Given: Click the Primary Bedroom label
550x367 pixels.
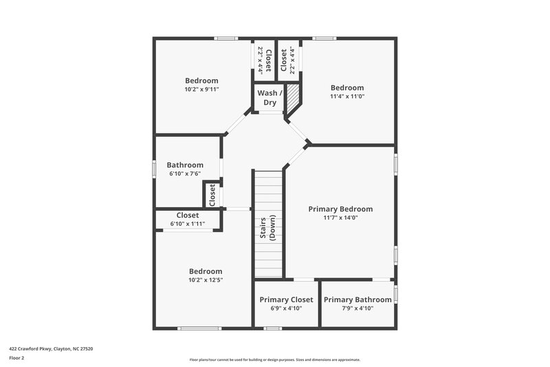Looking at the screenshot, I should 340,209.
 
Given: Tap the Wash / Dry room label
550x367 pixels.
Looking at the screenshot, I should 267,98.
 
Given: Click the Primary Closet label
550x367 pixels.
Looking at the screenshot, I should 286,300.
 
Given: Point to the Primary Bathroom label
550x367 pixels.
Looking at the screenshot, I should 357,300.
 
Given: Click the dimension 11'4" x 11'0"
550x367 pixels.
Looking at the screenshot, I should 347,97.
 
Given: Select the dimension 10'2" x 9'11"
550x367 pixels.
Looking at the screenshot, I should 201,90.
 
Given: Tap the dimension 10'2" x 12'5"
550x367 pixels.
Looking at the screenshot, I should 206,280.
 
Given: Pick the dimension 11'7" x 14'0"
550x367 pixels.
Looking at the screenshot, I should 340,218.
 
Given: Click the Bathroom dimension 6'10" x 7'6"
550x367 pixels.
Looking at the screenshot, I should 185,174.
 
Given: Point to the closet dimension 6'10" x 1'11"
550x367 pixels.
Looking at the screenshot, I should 188,224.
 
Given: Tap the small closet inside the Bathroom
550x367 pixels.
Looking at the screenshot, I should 212,194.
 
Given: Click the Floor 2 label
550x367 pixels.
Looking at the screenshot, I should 17,358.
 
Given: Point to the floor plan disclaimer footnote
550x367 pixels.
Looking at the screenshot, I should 274,359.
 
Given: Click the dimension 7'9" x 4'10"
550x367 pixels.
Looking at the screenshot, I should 357,308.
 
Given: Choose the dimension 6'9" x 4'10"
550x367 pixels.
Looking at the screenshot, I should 286,308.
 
